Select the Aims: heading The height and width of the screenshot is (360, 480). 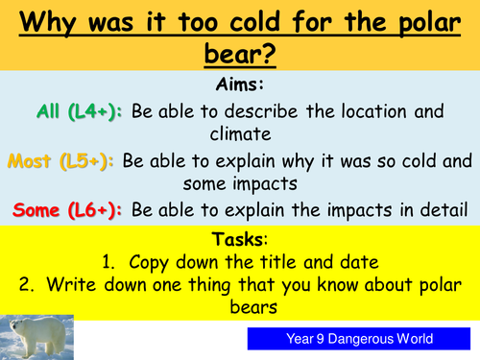239,84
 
